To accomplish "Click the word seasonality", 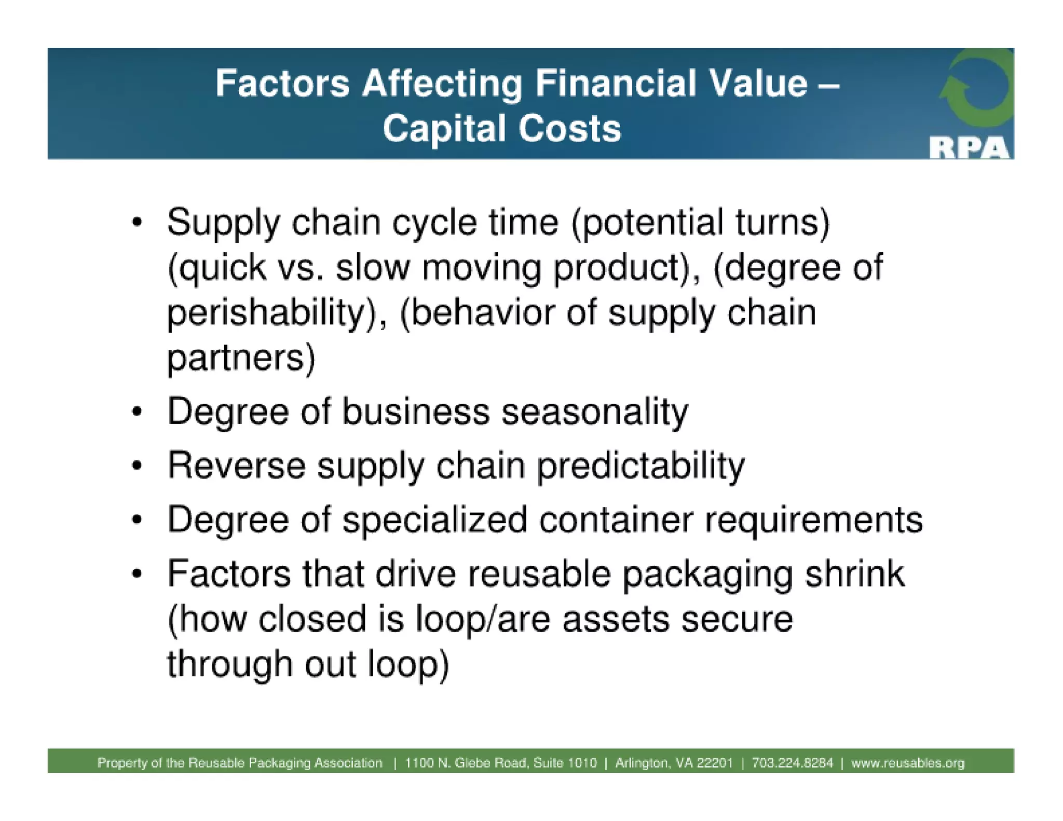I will coord(594,412).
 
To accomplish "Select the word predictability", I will coord(640,466).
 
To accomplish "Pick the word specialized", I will coord(434,519).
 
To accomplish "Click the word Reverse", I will coord(237,466).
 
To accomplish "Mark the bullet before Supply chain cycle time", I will coord(137,223).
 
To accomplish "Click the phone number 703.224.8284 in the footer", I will coord(792,763).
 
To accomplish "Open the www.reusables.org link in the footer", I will coord(908,763).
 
